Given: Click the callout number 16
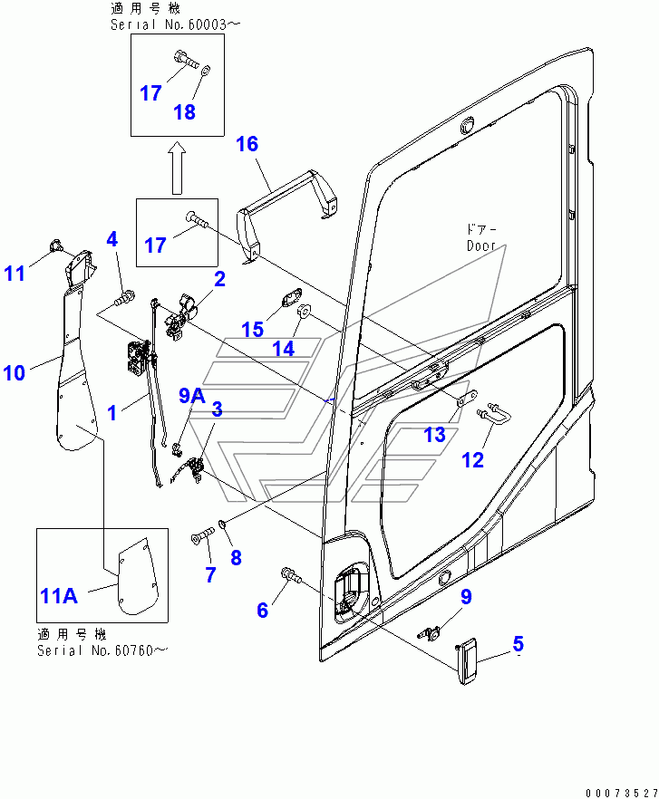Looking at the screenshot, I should click(247, 143).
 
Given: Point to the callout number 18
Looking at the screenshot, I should click(184, 111).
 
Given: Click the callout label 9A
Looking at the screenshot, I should click(191, 395).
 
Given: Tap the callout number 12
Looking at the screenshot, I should click(472, 459).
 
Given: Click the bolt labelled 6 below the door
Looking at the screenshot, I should click(289, 573).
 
